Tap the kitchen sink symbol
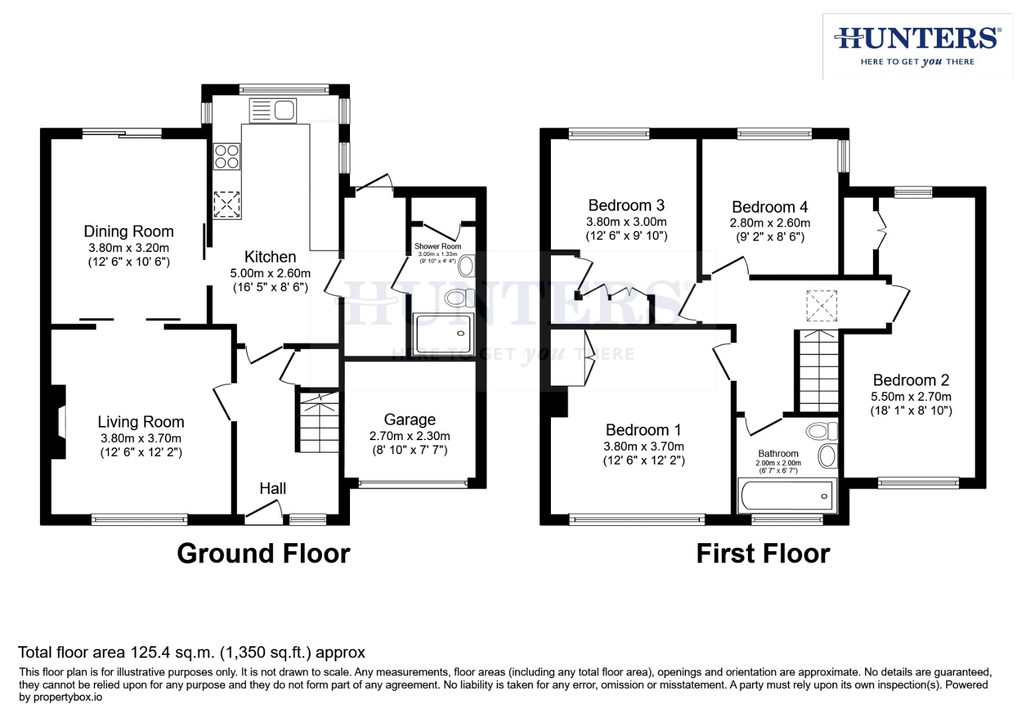[x=273, y=110]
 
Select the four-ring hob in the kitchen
[x=226, y=157]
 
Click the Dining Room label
[x=128, y=231]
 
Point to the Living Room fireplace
[x=60, y=422]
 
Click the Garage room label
[x=409, y=419]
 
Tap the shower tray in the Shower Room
[x=442, y=334]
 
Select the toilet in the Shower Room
[x=458, y=297]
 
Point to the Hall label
[x=273, y=489]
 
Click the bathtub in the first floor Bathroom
[x=786, y=496]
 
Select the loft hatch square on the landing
[x=821, y=306]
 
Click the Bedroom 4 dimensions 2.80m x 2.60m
[x=770, y=223]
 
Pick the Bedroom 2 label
[x=911, y=380]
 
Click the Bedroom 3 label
[x=626, y=205]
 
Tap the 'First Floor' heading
[x=763, y=554]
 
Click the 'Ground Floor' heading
[x=263, y=554]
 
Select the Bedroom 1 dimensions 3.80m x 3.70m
[x=643, y=447]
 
